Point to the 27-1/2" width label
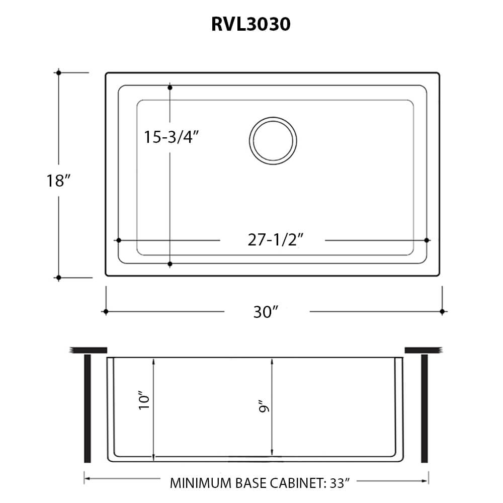(x=272, y=241)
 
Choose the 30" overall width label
(x=266, y=312)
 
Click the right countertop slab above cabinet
(x=423, y=350)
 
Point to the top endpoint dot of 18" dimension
(x=59, y=73)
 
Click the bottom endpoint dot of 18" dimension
(x=59, y=277)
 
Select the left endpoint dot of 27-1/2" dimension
(x=119, y=241)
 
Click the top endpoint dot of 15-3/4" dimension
(x=170, y=88)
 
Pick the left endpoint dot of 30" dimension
(x=106, y=312)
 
